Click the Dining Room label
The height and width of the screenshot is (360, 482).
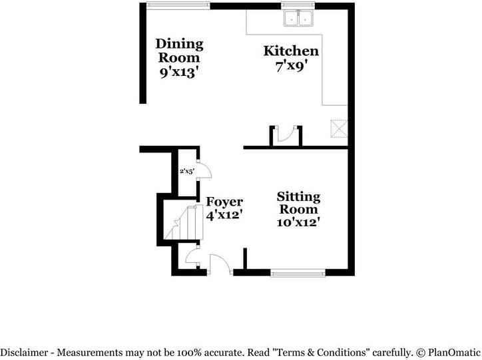click(x=179, y=51)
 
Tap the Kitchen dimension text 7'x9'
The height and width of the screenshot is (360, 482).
click(x=291, y=66)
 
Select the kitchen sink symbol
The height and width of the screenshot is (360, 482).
click(x=298, y=20)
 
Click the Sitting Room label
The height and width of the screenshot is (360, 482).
click(x=298, y=203)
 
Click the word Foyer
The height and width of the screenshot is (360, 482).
click(x=224, y=202)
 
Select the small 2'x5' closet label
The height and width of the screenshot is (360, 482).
click(x=186, y=171)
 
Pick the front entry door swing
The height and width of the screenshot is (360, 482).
click(x=220, y=264)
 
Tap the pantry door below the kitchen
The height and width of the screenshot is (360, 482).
click(x=287, y=135)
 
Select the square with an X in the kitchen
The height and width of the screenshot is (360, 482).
click(x=340, y=127)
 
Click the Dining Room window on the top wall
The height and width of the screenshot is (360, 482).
click(x=178, y=6)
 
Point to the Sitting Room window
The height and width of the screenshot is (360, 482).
click(x=298, y=271)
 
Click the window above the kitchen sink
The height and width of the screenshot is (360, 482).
click(x=298, y=6)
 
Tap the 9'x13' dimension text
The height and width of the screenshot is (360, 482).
click(x=180, y=73)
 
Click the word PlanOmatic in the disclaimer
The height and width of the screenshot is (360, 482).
click(x=455, y=352)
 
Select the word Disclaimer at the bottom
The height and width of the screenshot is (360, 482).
click(x=25, y=352)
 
